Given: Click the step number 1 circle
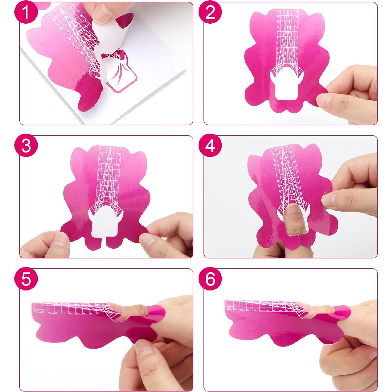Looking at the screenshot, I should [x=26, y=12].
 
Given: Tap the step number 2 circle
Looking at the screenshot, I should [x=210, y=12].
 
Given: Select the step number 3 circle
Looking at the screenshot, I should [x=26, y=146].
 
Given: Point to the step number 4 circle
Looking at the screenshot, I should [x=210, y=146].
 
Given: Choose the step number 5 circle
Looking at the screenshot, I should [x=26, y=279].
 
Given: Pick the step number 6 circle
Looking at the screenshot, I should [x=210, y=279].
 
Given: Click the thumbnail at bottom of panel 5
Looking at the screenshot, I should [x=143, y=351].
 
